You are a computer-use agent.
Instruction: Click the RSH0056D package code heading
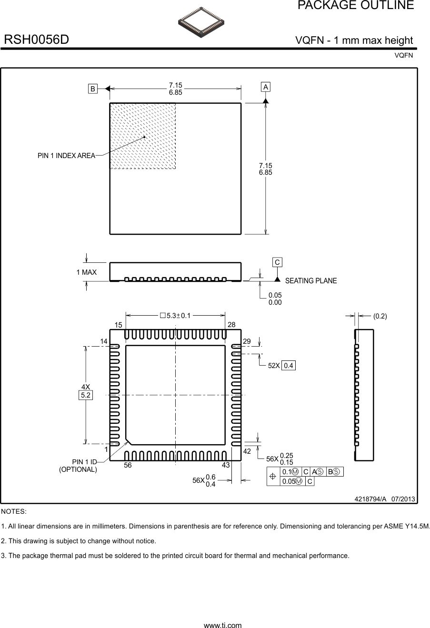(x=37, y=40)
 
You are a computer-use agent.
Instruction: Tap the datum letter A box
(x=266, y=87)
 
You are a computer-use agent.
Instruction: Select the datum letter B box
(x=93, y=89)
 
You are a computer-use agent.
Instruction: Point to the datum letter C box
(x=277, y=262)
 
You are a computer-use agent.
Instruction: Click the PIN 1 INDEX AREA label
(x=66, y=156)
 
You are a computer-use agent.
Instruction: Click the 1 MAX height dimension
(x=86, y=272)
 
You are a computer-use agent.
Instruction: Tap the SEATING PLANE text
(x=310, y=281)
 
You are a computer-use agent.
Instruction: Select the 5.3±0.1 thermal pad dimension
(x=175, y=315)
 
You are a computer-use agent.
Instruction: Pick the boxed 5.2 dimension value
(x=86, y=395)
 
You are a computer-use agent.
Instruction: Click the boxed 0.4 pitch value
(x=289, y=366)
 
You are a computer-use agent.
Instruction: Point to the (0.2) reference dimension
(x=380, y=316)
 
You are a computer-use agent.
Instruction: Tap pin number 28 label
(x=231, y=325)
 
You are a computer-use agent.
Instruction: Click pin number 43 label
(x=226, y=465)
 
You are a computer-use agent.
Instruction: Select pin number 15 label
(x=119, y=325)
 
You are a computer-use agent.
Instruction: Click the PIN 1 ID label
(x=84, y=462)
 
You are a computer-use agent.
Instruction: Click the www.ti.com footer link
(x=222, y=625)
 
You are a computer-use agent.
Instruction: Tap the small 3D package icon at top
(x=201, y=22)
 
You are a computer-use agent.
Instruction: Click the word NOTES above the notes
(x=14, y=511)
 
